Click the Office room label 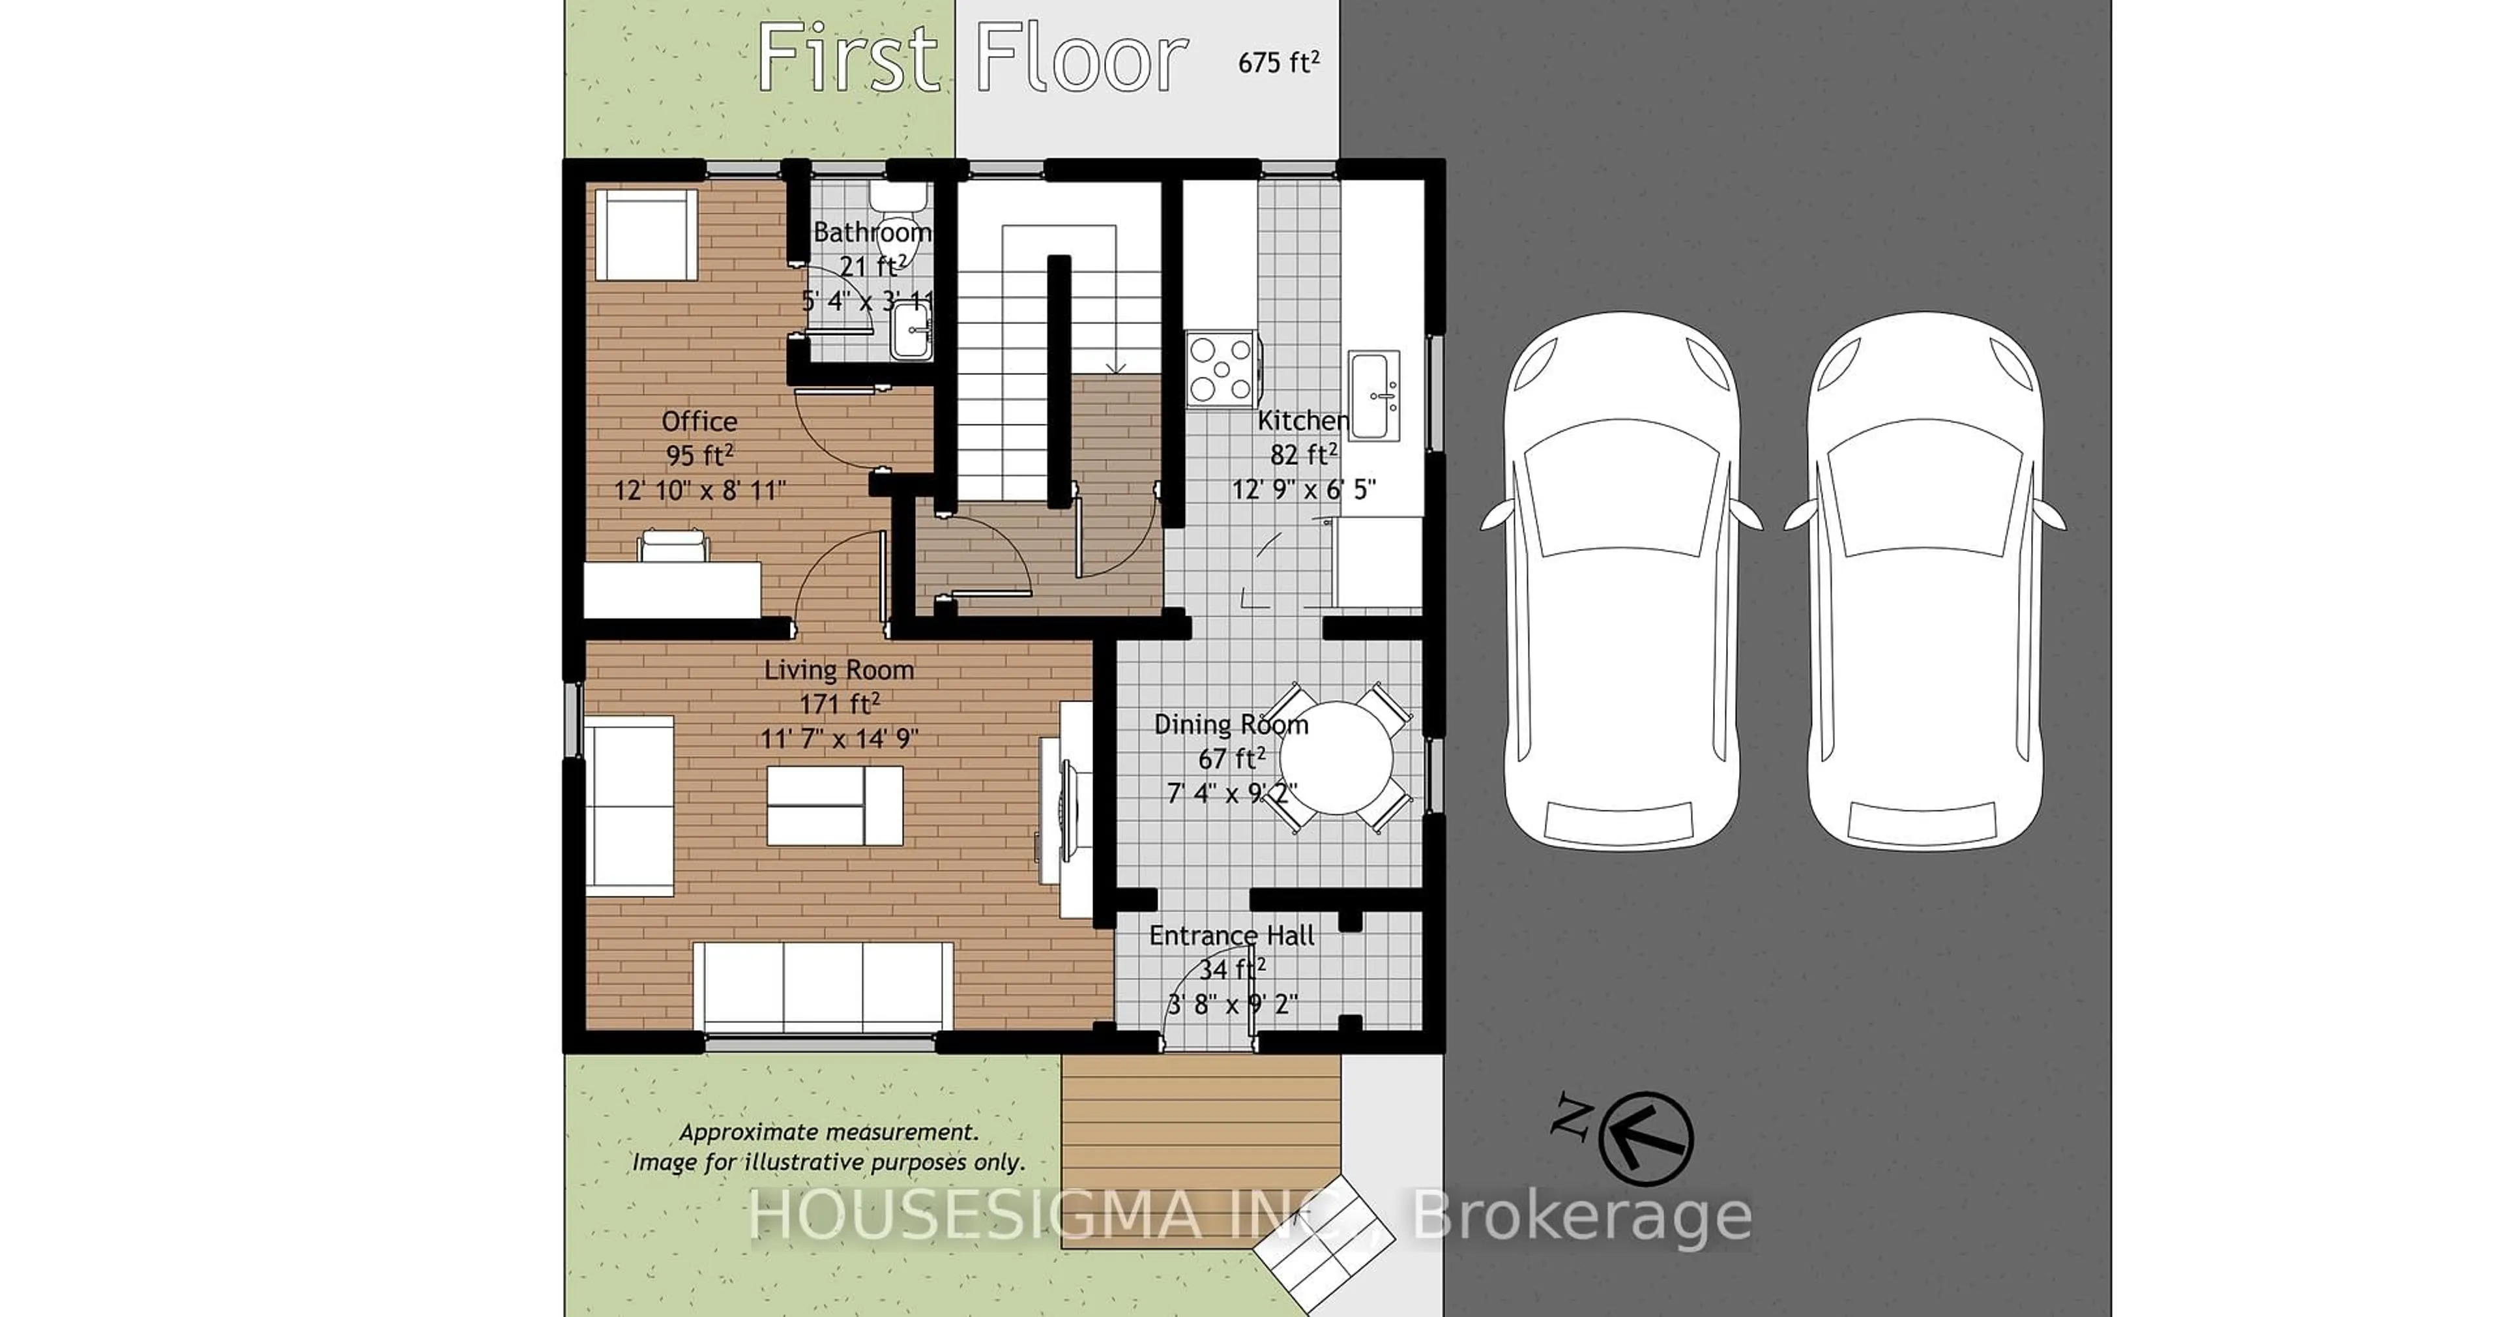(x=699, y=422)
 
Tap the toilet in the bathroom (x=899, y=200)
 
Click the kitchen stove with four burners (x=1220, y=368)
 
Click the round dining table (x=1337, y=758)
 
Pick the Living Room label (x=838, y=670)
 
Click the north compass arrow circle (x=1646, y=1139)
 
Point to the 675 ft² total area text (x=1278, y=62)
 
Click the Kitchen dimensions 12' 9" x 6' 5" (x=1304, y=489)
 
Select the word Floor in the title (x=1081, y=59)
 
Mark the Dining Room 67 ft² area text (x=1231, y=758)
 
